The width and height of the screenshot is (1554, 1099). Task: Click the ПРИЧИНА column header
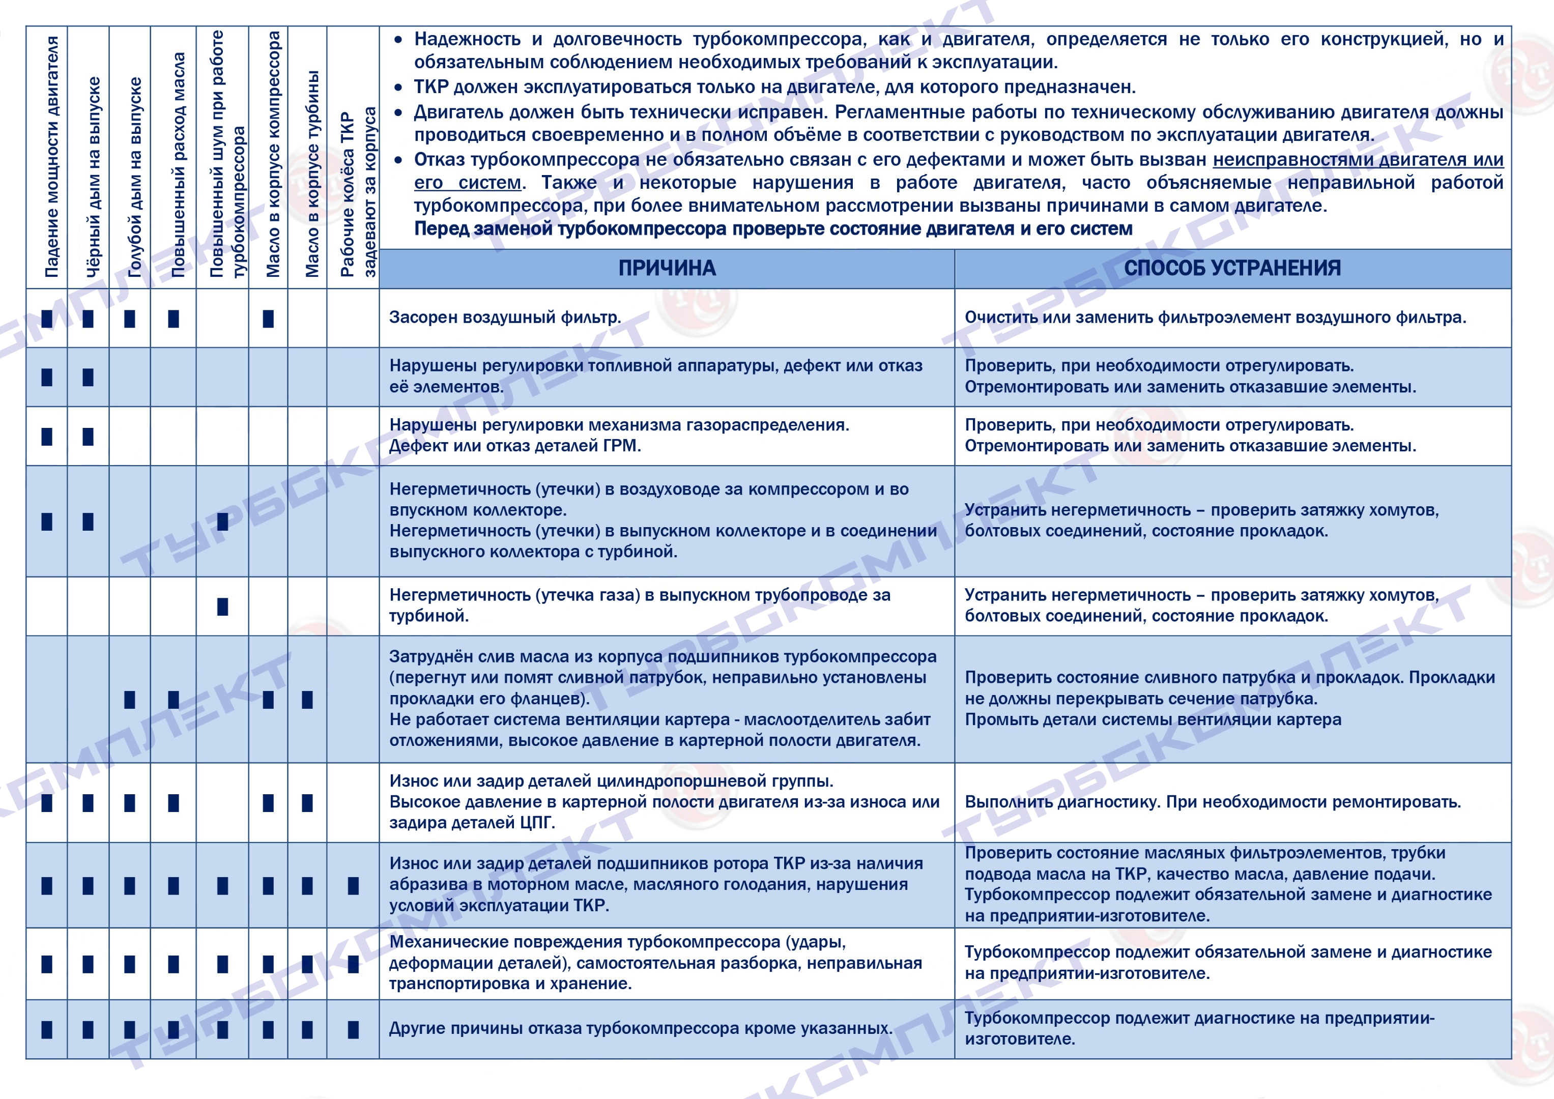(x=667, y=269)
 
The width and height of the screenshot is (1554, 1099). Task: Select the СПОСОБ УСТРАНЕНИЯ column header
(x=1232, y=269)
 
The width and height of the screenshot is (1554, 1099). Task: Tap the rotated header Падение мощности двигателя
(x=51, y=157)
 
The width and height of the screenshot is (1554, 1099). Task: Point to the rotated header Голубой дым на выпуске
(x=135, y=177)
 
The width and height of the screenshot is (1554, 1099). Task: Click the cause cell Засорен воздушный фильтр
(x=505, y=317)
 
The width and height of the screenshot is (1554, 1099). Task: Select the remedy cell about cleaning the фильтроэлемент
(x=1215, y=317)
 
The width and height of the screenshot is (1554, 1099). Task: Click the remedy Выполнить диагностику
(x=1212, y=802)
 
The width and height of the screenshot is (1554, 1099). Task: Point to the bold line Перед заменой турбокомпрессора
(x=773, y=229)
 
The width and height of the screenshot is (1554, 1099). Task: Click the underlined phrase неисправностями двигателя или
(x=1358, y=160)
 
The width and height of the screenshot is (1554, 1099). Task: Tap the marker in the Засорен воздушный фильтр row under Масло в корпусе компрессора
(x=268, y=319)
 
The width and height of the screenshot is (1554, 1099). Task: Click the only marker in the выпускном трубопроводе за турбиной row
(x=223, y=606)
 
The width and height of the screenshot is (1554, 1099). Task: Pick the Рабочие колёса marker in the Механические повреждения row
(x=353, y=964)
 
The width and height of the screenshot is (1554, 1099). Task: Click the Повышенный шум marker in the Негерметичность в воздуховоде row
(x=223, y=522)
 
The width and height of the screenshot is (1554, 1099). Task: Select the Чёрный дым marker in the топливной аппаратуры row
(x=88, y=377)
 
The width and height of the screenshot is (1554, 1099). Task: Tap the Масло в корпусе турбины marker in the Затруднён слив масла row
(x=307, y=700)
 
